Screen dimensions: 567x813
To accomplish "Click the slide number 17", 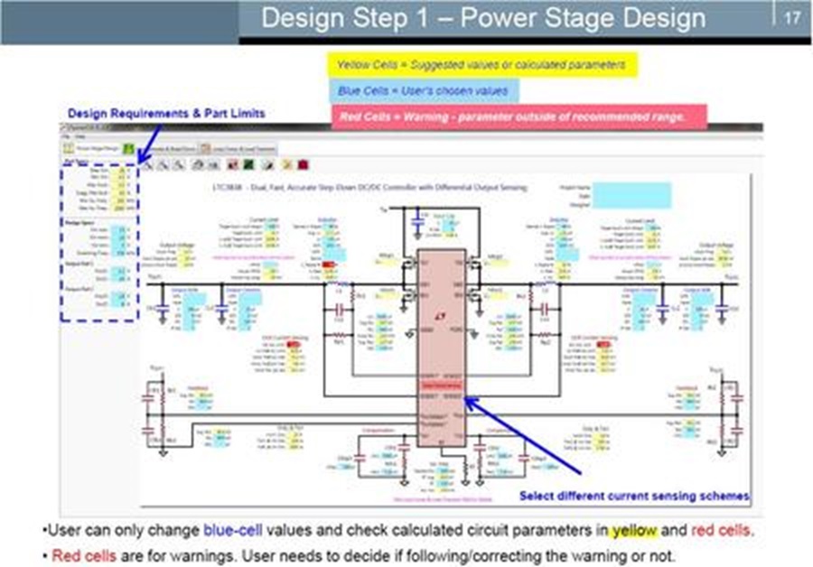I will [x=791, y=18].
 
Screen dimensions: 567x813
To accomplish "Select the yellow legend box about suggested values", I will [x=481, y=65].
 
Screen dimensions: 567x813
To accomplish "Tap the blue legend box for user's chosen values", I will [x=422, y=91].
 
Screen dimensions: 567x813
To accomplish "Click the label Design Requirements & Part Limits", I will [x=167, y=113].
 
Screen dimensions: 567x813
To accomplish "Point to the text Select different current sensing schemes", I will [x=634, y=496].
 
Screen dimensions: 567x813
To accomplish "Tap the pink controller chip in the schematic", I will [x=441, y=352].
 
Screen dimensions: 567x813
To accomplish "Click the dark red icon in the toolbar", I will [x=303, y=165].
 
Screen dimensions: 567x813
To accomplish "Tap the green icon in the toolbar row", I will [x=129, y=147].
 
